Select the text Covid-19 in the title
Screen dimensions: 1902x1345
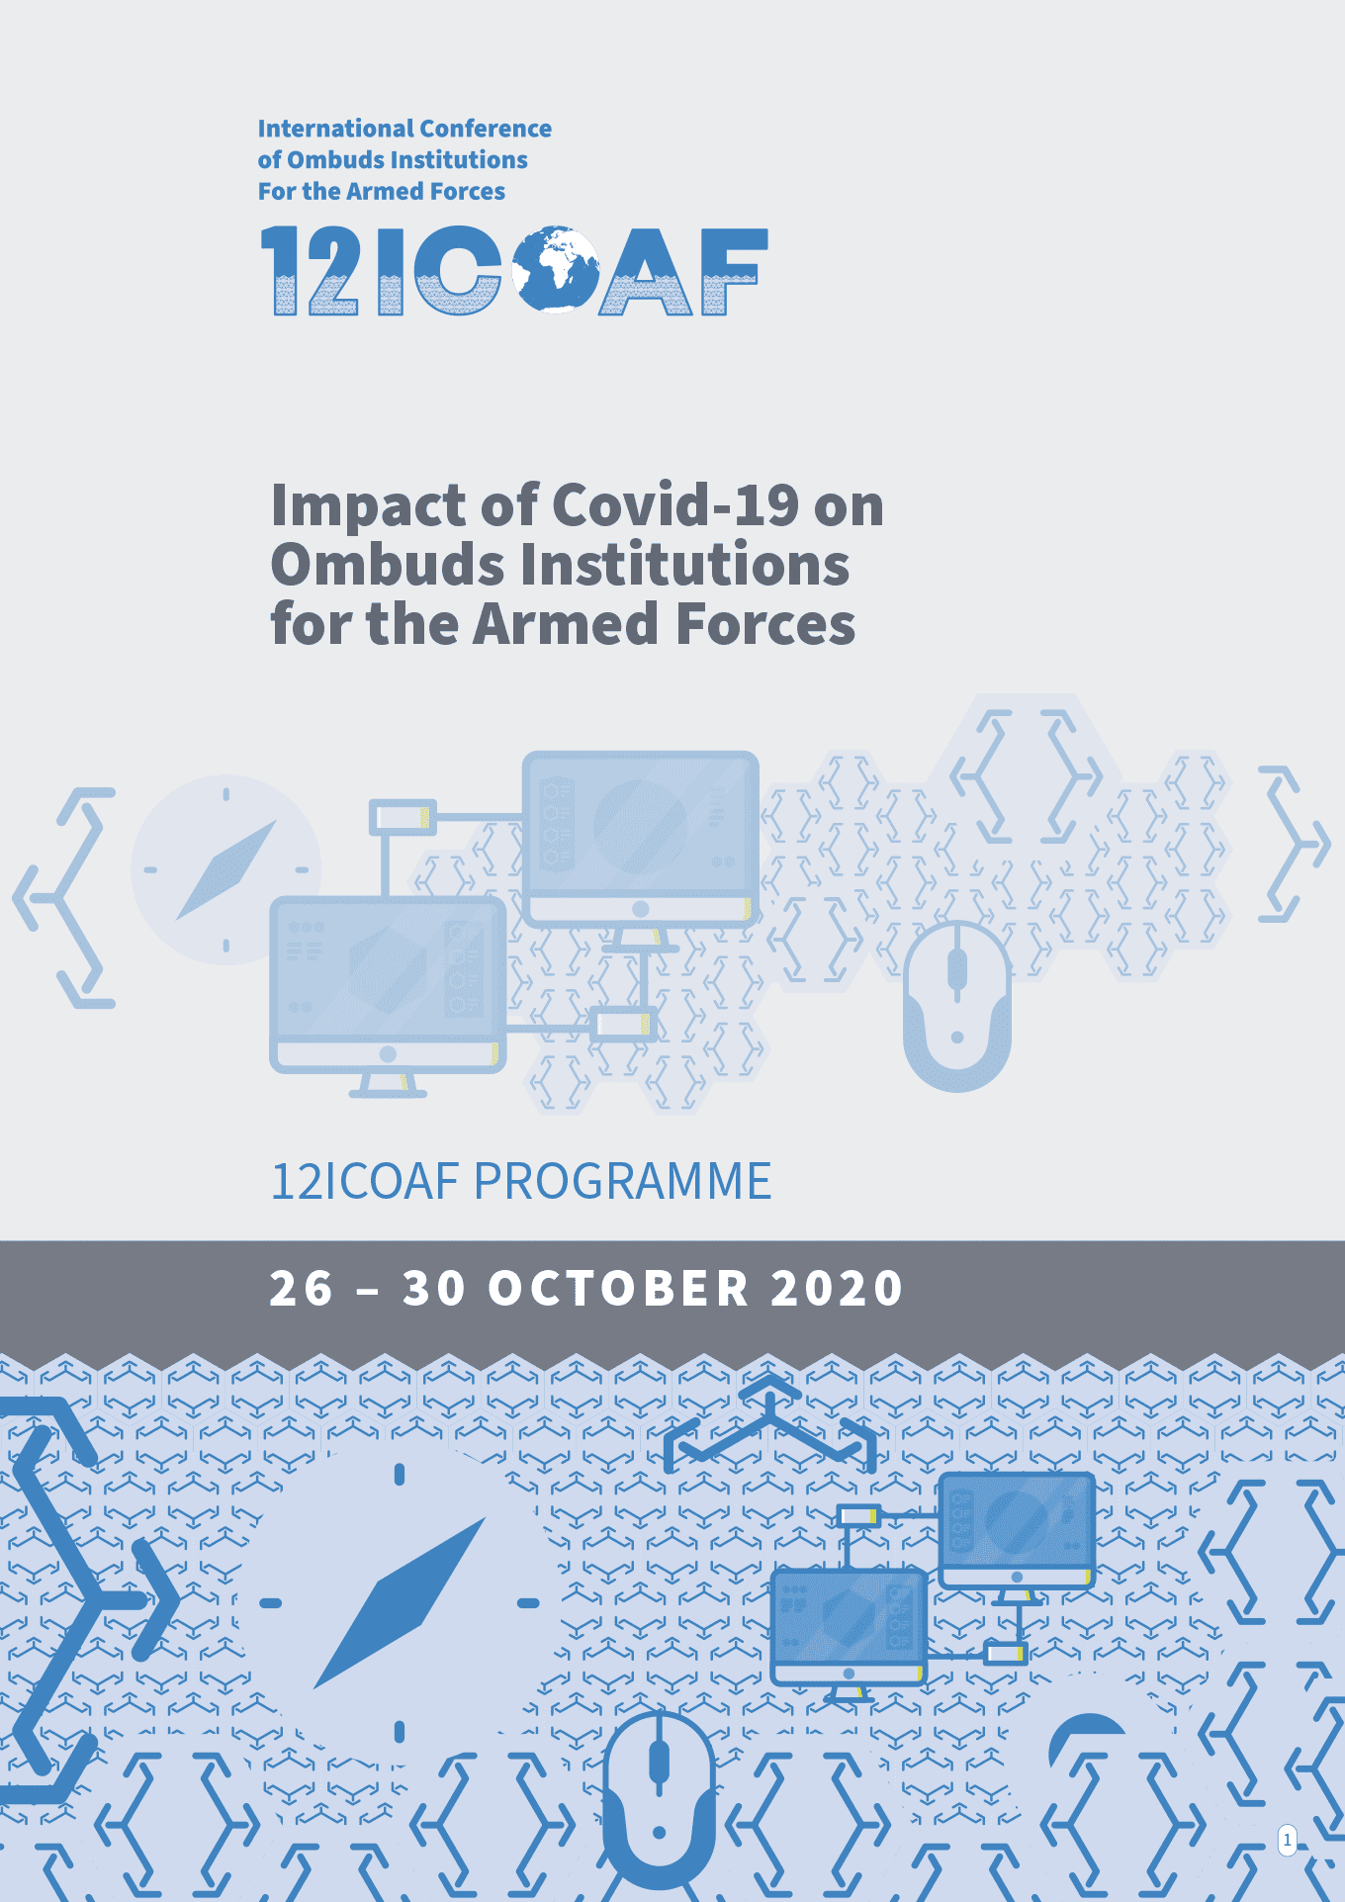[x=675, y=505]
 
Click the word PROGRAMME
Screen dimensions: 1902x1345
[x=622, y=1181]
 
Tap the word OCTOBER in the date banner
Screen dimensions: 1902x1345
[x=619, y=1289]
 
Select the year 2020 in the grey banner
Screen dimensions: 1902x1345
[x=837, y=1289]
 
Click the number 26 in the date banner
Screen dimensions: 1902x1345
[x=302, y=1289]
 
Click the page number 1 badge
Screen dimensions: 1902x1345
[x=1287, y=1841]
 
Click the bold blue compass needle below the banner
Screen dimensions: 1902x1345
[x=401, y=1602]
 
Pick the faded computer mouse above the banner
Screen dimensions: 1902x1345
[x=956, y=1004]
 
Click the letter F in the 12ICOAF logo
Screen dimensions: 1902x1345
[x=733, y=271]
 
